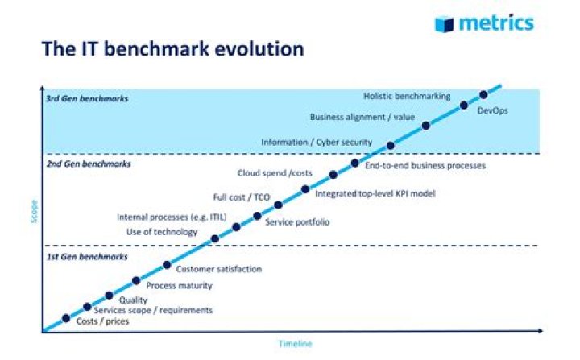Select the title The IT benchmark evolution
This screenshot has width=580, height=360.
click(x=172, y=49)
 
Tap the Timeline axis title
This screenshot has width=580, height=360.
click(x=295, y=343)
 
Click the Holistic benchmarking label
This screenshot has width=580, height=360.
click(x=407, y=96)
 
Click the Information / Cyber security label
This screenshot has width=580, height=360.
click(x=317, y=143)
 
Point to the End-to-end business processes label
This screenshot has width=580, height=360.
click(x=425, y=166)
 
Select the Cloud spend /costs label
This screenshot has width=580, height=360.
click(x=274, y=172)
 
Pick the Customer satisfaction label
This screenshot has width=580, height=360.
click(x=218, y=269)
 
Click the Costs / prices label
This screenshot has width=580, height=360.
click(x=102, y=321)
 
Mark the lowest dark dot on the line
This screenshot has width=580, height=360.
click(x=66, y=317)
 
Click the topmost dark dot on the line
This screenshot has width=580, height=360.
click(x=483, y=94)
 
